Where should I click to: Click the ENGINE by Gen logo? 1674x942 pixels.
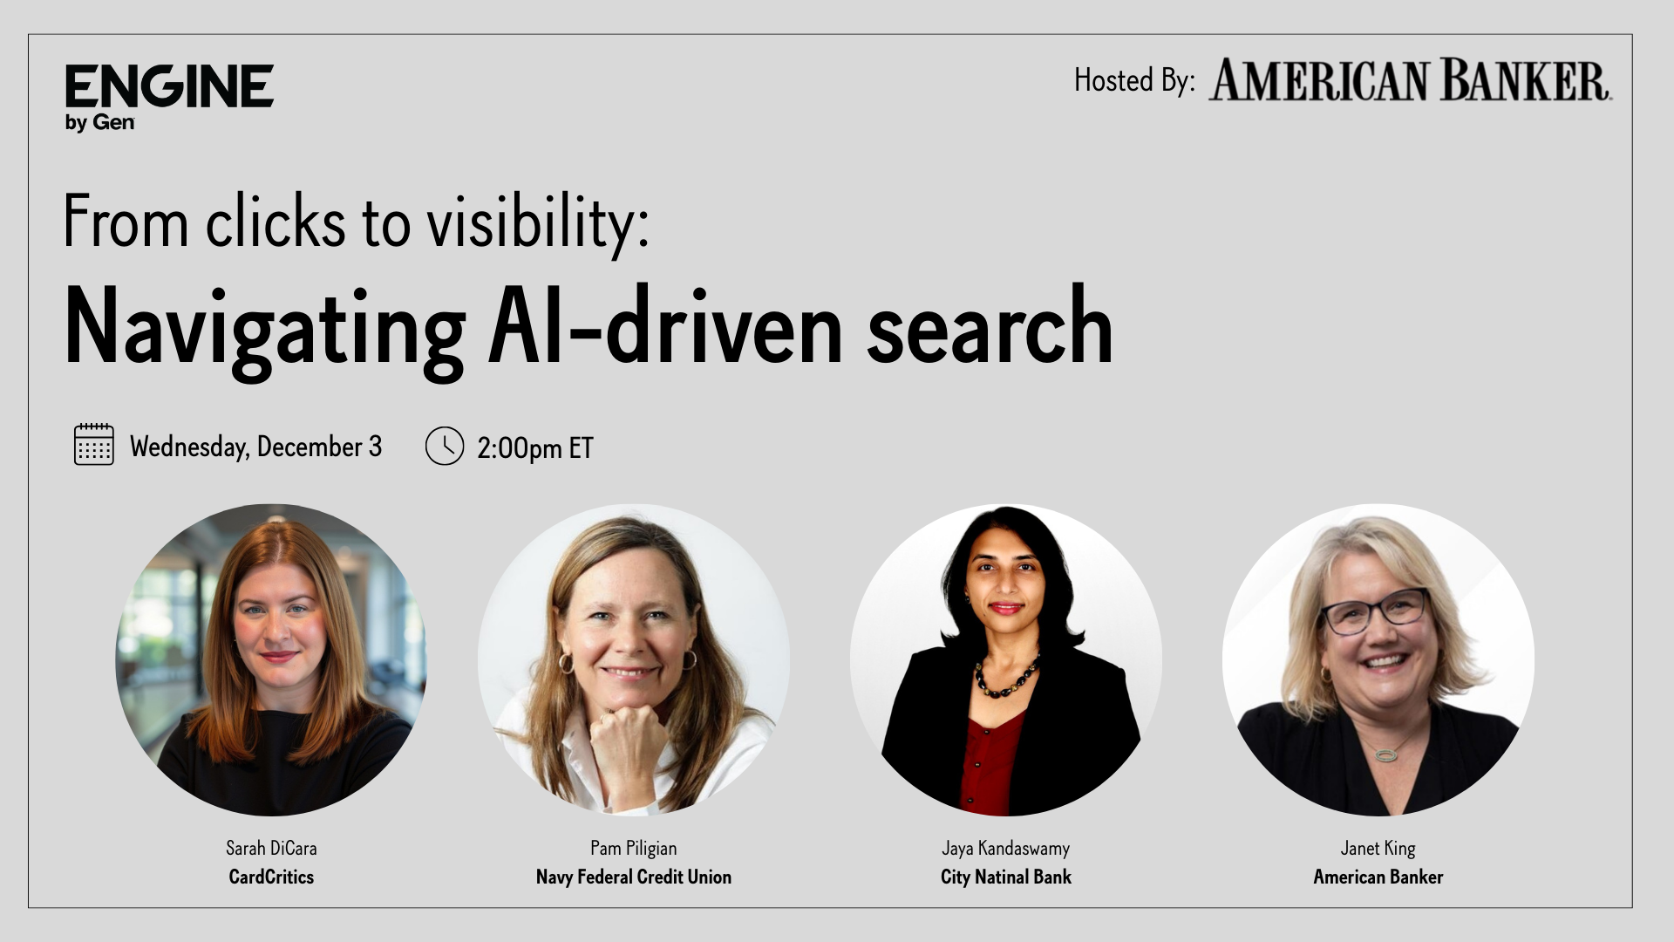[169, 97]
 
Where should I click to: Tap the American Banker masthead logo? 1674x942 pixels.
[1409, 81]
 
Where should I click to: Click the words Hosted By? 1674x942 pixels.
[1133, 81]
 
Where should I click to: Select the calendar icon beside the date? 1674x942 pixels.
[94, 444]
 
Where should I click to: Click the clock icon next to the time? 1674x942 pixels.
[445, 446]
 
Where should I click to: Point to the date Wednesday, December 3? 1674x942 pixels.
[255, 447]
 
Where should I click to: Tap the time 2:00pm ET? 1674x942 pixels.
[534, 448]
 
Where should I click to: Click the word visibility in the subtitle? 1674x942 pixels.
[537, 222]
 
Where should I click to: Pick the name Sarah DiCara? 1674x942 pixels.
[271, 848]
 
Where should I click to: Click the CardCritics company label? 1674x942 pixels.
[271, 877]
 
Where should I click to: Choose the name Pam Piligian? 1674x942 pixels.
[633, 848]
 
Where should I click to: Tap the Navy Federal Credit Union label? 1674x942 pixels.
[633, 877]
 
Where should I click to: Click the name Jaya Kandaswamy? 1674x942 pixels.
[1005, 848]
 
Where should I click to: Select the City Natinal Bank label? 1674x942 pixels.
[1005, 877]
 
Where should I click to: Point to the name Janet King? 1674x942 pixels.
[1378, 848]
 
